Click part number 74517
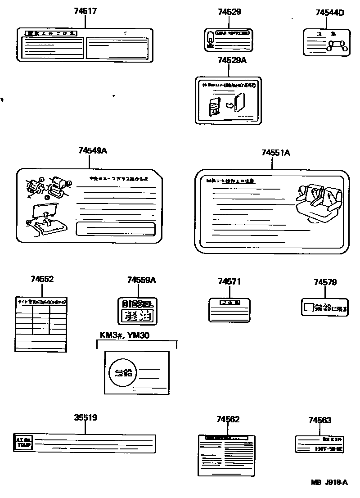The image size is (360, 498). click(85, 11)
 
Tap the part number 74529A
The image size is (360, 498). click(232, 60)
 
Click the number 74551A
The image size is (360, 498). click(275, 153)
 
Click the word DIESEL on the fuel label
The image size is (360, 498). click(138, 304)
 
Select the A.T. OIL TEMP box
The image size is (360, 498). click(24, 443)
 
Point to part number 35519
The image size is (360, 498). click(85, 417)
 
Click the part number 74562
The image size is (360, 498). click(228, 419)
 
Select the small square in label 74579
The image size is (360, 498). click(308, 308)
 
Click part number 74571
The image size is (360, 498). click(229, 281)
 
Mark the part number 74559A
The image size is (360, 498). click(141, 280)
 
